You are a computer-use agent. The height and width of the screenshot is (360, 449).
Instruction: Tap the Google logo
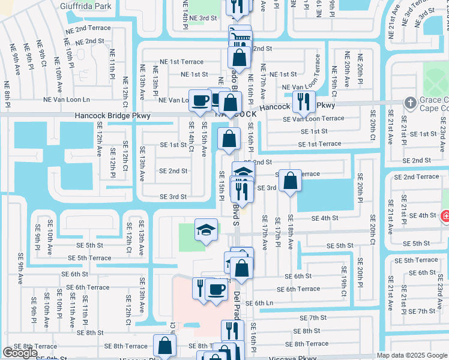coord(20,353)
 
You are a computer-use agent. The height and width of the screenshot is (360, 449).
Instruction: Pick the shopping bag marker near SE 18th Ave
coord(291,180)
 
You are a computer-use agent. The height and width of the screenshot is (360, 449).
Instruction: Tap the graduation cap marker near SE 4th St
coord(206,230)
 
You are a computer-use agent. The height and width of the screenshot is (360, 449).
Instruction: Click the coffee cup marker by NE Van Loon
coord(200,100)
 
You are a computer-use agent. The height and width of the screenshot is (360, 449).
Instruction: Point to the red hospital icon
coord(445,216)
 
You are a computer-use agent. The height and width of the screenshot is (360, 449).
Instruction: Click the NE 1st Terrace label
coord(182,62)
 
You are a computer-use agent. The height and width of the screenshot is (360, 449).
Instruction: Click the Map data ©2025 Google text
coord(412,355)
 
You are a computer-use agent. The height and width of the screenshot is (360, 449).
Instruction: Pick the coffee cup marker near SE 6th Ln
coord(216,290)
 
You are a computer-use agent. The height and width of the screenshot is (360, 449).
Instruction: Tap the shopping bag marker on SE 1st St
coord(229,139)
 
